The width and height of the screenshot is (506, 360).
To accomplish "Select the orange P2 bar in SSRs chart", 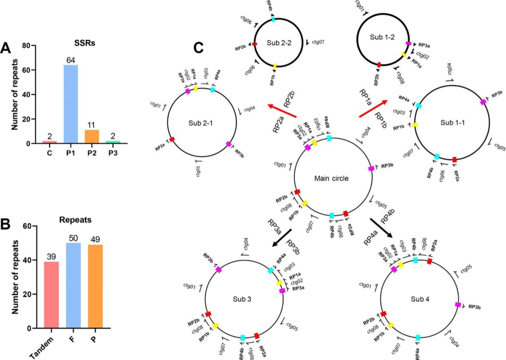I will (x=92, y=136).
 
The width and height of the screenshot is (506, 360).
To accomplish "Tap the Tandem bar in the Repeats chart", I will (x=51, y=295).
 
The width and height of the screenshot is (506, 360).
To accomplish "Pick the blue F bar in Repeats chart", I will (x=73, y=286).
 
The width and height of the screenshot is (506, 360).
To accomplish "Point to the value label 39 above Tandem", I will (x=51, y=257).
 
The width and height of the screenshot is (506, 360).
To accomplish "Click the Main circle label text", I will (x=332, y=178).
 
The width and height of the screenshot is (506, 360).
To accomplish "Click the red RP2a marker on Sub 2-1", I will (x=172, y=140).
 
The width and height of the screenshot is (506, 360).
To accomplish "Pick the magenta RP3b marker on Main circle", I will (x=372, y=168).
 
